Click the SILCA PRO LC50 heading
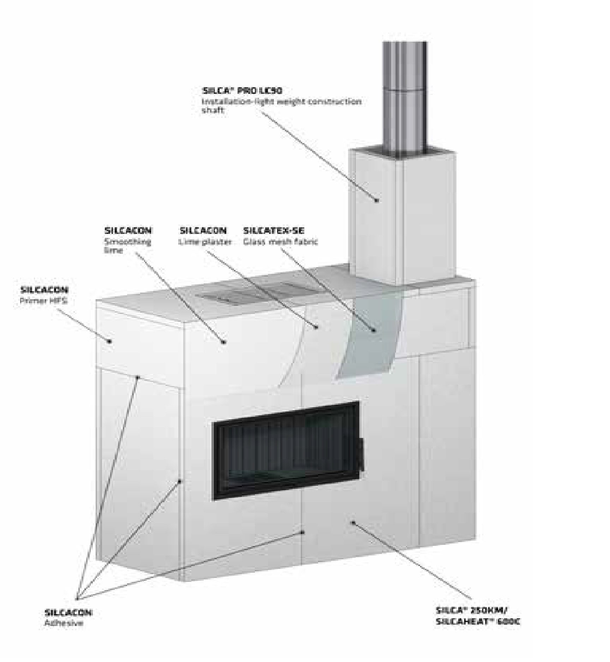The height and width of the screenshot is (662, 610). pyautogui.click(x=242, y=91)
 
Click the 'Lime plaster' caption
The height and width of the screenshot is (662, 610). pyautogui.click(x=205, y=242)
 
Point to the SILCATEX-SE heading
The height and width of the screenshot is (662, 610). pyautogui.click(x=274, y=231)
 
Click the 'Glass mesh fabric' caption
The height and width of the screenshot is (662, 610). pyautogui.click(x=280, y=242)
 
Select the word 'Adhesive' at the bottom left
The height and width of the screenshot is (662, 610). pyautogui.click(x=64, y=623)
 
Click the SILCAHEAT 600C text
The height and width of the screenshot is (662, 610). pyautogui.click(x=478, y=621)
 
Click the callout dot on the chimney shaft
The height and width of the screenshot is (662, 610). pyautogui.click(x=377, y=200)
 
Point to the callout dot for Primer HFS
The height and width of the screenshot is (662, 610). pyautogui.click(x=110, y=341)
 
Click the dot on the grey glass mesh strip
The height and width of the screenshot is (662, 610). pyautogui.click(x=373, y=330)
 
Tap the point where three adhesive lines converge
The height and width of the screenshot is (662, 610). pyautogui.click(x=77, y=598)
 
